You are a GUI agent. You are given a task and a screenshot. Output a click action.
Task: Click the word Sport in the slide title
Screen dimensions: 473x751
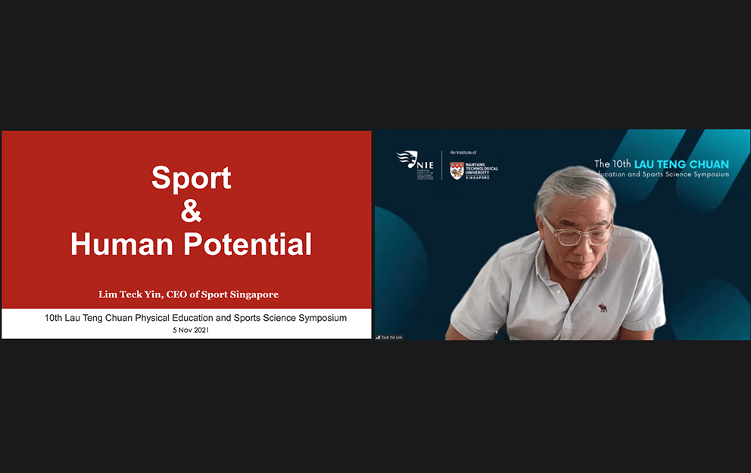(x=191, y=178)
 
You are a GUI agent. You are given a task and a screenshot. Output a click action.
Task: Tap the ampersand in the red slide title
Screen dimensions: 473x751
(x=192, y=211)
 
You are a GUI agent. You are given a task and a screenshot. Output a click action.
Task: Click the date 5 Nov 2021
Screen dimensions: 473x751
(x=191, y=330)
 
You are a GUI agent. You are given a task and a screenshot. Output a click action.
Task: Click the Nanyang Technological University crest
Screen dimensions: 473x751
(x=457, y=170)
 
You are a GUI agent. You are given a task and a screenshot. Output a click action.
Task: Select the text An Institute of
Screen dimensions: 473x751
(x=463, y=153)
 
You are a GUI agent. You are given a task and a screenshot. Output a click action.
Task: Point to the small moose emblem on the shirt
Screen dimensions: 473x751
(x=603, y=307)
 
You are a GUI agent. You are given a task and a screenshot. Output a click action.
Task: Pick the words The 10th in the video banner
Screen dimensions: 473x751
(x=612, y=163)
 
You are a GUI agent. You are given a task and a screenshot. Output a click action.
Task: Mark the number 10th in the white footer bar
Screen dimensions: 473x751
(x=53, y=318)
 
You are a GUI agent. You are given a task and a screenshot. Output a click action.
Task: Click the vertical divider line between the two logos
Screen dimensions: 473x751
(x=442, y=165)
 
